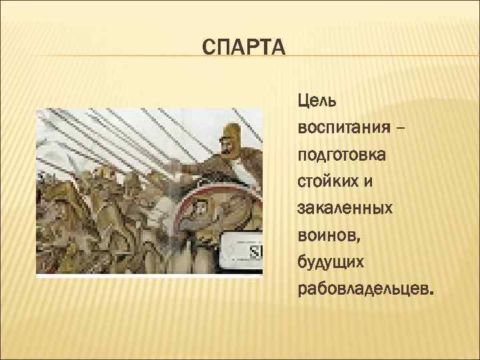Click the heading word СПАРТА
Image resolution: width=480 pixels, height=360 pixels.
[x=243, y=49]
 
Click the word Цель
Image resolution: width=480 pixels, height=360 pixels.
[x=317, y=102]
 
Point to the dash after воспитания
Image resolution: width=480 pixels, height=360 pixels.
[x=398, y=125]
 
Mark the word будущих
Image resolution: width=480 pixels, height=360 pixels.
[x=331, y=263]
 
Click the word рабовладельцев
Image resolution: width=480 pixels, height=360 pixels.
[x=364, y=291]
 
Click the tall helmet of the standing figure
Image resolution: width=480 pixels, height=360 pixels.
[x=229, y=129]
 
